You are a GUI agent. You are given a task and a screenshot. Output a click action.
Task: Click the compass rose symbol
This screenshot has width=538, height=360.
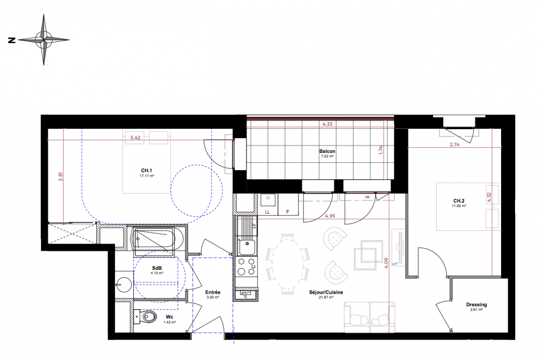pyautogui.click(x=44, y=40)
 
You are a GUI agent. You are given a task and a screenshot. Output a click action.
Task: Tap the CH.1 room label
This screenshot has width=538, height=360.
pyautogui.click(x=146, y=171)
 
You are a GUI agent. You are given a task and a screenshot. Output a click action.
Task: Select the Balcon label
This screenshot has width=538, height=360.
pyautogui.click(x=327, y=151)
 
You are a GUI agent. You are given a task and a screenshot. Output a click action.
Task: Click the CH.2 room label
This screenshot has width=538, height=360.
pyautogui.click(x=459, y=201)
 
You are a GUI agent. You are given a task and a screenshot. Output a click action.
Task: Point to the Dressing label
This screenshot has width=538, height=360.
pyautogui.click(x=476, y=305)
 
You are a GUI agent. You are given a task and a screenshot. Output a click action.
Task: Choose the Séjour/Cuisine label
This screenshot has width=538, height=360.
pyautogui.click(x=326, y=292)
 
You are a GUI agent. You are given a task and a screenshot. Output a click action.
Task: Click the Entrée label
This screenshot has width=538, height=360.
pyautogui.click(x=213, y=292)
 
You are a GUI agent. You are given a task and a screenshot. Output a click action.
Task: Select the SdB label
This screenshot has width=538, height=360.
pyautogui.click(x=157, y=268)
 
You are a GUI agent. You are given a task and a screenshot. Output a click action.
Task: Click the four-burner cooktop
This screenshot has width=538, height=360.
pyautogui.click(x=246, y=267)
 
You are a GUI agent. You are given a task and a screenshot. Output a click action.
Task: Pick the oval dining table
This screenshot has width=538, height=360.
pyautogui.click(x=288, y=264)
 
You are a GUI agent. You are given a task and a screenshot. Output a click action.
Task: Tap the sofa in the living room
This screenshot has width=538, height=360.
pyautogui.click(x=370, y=318)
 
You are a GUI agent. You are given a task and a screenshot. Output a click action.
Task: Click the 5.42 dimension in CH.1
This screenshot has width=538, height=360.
pyautogui.click(x=135, y=138)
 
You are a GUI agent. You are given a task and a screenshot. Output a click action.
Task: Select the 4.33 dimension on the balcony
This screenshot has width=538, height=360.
pyautogui.click(x=327, y=124)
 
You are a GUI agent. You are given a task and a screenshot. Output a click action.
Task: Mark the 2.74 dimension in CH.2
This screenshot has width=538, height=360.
pyautogui.click(x=455, y=145)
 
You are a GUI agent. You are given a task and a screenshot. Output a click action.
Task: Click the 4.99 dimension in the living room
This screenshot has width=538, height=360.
pyautogui.click(x=330, y=216)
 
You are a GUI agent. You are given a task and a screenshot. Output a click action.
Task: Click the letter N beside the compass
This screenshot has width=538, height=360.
pyautogui.click(x=12, y=40)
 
